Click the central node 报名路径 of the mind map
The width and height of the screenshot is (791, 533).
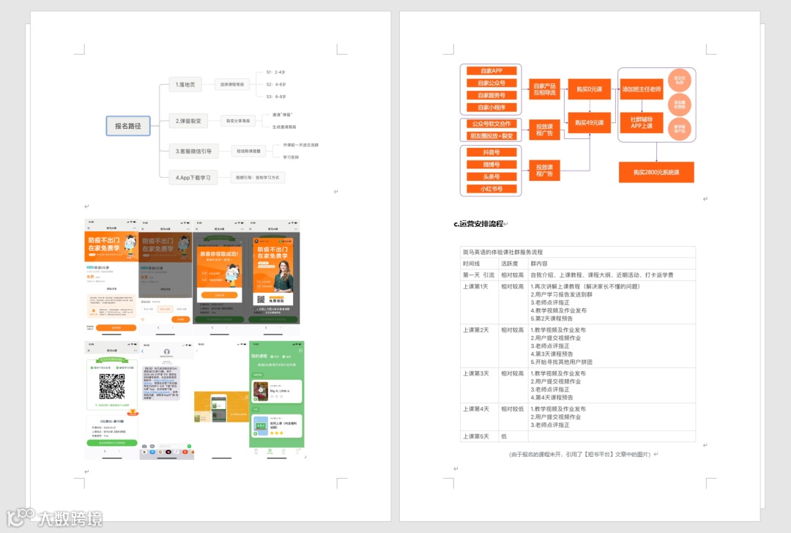pyautogui.click(x=127, y=126)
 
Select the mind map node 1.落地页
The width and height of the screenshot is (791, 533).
pyautogui.click(x=185, y=85)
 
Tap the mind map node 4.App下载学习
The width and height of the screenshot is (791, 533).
pyautogui.click(x=193, y=177)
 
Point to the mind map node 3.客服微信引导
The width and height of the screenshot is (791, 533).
pyautogui.click(x=193, y=151)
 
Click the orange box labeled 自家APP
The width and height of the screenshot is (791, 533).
pyautogui.click(x=491, y=71)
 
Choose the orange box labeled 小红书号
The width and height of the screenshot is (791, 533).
pyautogui.click(x=491, y=189)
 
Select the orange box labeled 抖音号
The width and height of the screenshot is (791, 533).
pyautogui.click(x=491, y=152)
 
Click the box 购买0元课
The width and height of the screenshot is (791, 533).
pyautogui.click(x=590, y=89)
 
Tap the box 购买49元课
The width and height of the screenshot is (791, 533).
pyautogui.click(x=590, y=123)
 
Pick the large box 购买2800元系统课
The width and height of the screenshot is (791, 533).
pyautogui.click(x=656, y=172)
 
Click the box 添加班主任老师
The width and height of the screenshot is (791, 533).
pyautogui.click(x=642, y=89)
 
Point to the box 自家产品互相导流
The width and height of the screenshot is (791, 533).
pyautogui.click(x=544, y=89)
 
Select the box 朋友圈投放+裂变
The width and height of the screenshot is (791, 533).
pyautogui.click(x=491, y=135)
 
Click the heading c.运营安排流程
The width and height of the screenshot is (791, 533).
pyautogui.click(x=478, y=224)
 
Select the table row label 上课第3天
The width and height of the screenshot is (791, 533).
pyautogui.click(x=476, y=373)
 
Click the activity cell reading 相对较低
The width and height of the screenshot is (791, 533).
pyautogui.click(x=513, y=409)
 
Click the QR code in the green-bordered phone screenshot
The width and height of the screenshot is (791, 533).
pyautogui.click(x=112, y=386)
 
